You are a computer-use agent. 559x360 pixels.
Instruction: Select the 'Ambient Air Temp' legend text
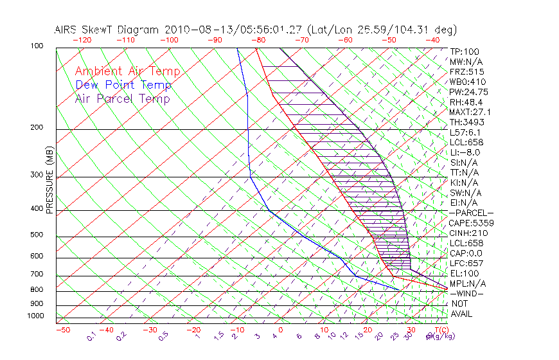(x=127, y=71)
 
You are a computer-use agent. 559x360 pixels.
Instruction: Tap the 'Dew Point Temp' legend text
(x=123, y=85)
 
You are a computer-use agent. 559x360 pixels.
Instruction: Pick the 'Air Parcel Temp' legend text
(x=122, y=98)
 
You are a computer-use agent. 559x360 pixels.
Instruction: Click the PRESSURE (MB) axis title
(x=49, y=179)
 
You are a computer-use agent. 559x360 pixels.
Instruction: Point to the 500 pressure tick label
(x=36, y=235)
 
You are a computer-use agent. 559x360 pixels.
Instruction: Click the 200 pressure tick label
(x=36, y=127)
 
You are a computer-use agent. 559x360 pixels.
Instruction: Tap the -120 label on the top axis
(x=82, y=40)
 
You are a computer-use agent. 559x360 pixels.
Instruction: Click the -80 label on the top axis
(x=259, y=40)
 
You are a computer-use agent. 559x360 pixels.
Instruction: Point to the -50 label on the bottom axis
(x=62, y=330)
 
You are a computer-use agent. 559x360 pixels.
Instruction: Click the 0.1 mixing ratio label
(x=92, y=337)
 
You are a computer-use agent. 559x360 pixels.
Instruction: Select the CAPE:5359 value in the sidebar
(x=471, y=223)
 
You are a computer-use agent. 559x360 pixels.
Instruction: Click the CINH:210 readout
(x=468, y=233)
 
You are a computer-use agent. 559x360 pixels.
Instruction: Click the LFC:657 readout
(x=466, y=263)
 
